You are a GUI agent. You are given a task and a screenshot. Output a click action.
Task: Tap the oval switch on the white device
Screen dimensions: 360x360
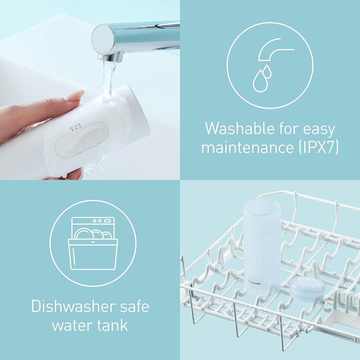(x=82, y=139)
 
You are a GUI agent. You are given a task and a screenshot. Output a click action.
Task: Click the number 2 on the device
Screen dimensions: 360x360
(x=79, y=124)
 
